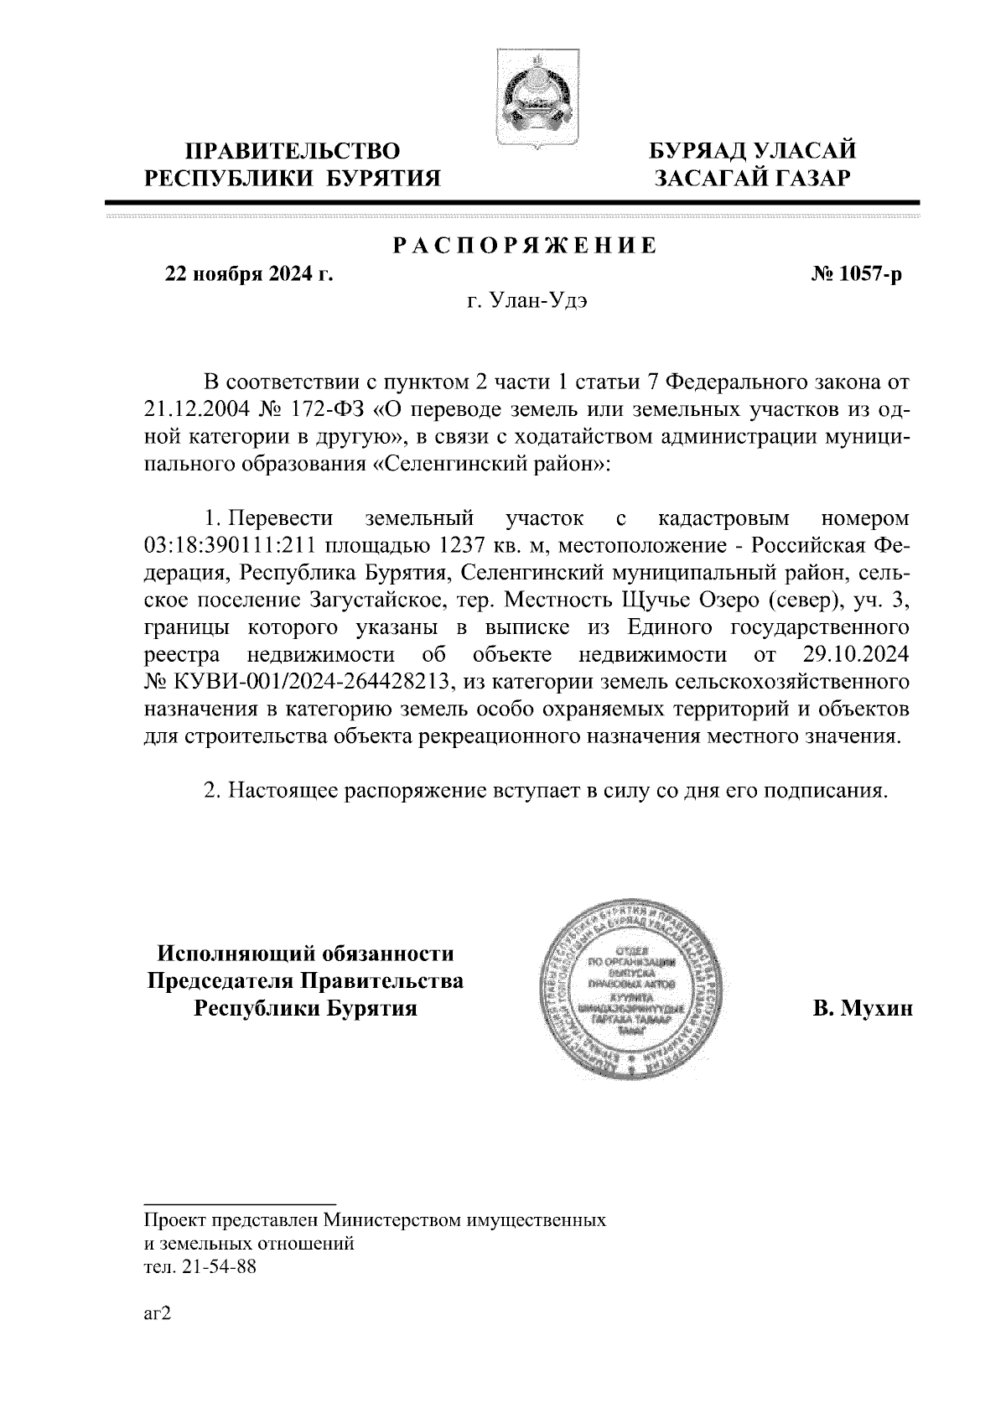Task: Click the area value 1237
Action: tap(458, 546)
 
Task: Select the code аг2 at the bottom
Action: tap(158, 1314)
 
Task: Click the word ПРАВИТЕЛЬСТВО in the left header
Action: tap(292, 152)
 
